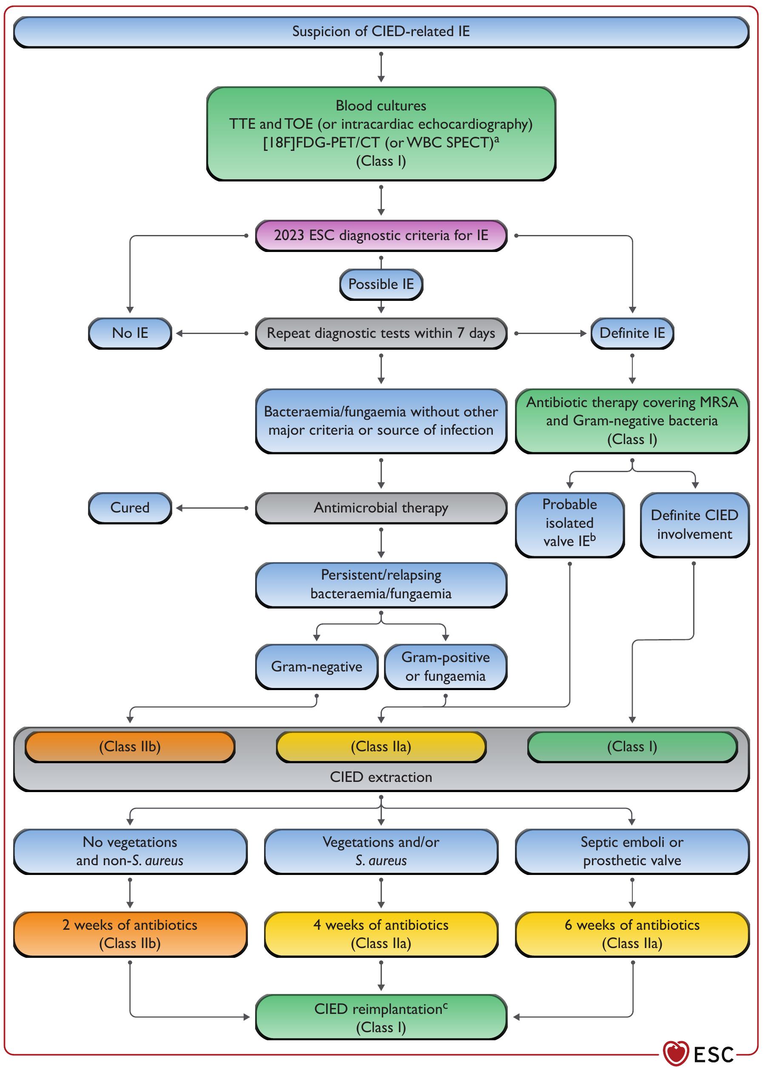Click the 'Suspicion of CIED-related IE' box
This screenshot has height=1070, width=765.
coord(381,31)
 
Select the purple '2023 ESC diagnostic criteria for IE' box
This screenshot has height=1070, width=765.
coord(381,235)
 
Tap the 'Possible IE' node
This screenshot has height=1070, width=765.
coord(381,284)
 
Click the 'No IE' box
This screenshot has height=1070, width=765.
coord(130,333)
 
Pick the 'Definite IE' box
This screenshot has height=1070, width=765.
coord(632,333)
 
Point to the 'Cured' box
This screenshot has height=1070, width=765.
coord(130,507)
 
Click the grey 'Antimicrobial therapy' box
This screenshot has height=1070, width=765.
coord(381,507)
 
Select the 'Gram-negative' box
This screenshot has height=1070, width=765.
coord(316,666)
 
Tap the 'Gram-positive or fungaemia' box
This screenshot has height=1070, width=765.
coord(445,666)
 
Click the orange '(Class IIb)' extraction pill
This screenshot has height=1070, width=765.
coord(130,746)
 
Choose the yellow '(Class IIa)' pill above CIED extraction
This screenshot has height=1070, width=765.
coord(381,746)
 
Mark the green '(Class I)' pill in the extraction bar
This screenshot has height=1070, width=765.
coord(632,746)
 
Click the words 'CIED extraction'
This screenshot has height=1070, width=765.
coord(381,777)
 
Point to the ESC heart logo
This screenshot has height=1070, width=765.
coord(676,1053)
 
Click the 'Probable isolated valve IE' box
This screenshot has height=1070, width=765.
coord(569,524)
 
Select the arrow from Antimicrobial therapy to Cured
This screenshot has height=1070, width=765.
coord(212,508)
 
